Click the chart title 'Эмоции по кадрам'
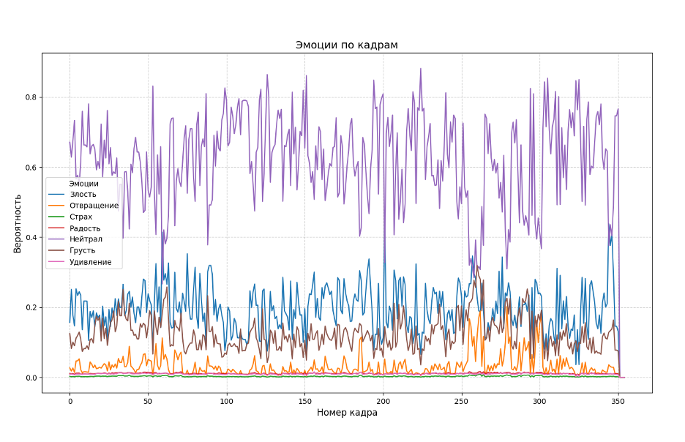346,45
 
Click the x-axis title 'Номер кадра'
347,413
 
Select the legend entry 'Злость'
83,195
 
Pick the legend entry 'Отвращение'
94,206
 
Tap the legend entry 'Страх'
81,217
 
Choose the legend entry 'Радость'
85,228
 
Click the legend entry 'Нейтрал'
86,239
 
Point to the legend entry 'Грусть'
83,250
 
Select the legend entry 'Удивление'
91,262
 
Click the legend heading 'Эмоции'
83,183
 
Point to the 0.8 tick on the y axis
30,97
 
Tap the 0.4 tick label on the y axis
30,238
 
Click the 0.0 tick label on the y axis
30,378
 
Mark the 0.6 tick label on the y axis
30,168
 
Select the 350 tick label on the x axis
618,401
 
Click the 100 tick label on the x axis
226,401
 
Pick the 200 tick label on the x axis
383,401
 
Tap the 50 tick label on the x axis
148,401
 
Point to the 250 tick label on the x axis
461,401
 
